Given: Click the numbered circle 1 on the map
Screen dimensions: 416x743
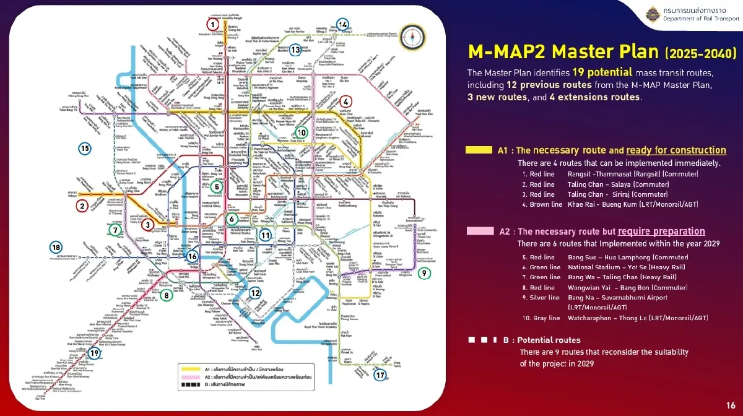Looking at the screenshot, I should [x=212, y=25].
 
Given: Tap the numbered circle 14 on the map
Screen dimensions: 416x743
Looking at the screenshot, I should [x=343, y=24].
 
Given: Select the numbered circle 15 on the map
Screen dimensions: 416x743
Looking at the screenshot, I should [x=85, y=149].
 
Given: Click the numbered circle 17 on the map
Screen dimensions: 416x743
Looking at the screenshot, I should [x=380, y=375].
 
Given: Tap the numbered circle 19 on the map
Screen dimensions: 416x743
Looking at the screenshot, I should [x=94, y=353].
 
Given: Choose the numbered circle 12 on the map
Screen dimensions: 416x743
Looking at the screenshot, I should [x=255, y=293].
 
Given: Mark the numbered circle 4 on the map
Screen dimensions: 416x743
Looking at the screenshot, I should [x=346, y=101].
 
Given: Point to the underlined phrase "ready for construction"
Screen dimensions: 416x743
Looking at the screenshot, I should [x=676, y=150].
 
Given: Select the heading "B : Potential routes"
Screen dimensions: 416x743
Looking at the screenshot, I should [x=542, y=340].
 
